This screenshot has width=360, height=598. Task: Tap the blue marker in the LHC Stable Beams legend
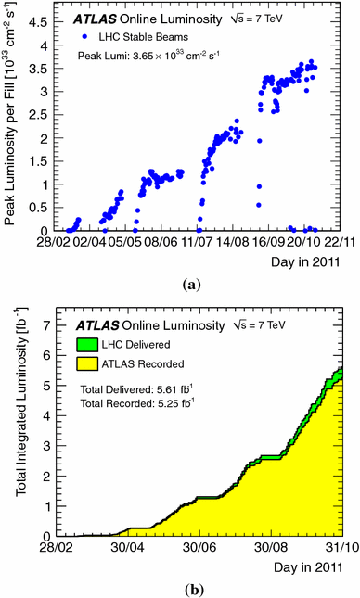(x=84, y=37)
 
